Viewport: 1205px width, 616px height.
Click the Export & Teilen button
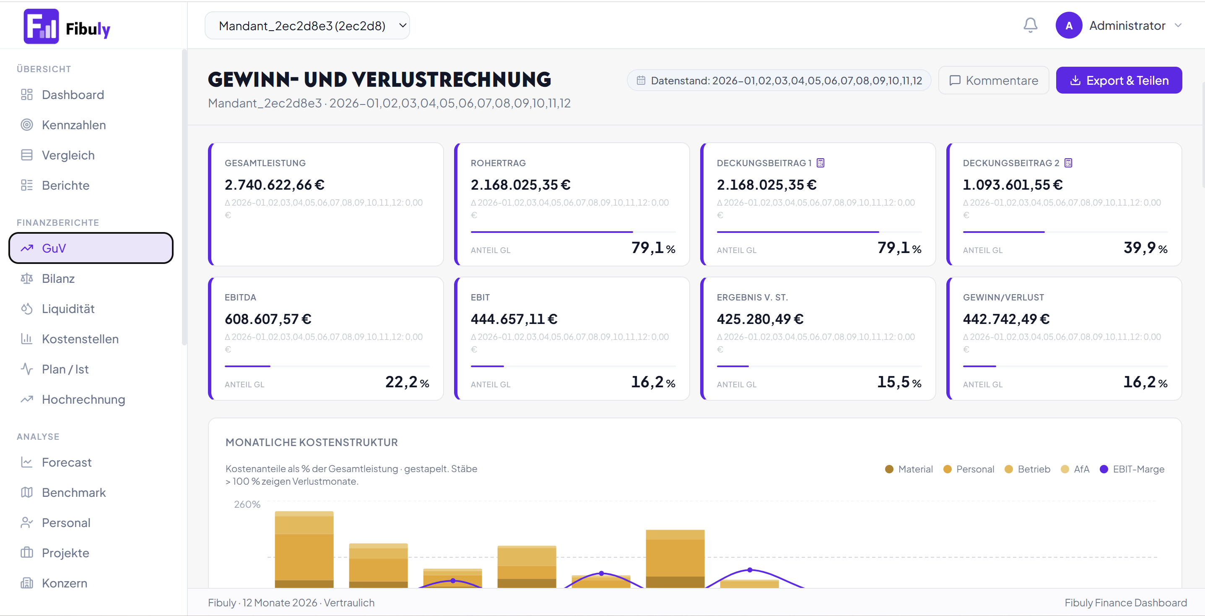1119,81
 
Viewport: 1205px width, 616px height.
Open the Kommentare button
994,81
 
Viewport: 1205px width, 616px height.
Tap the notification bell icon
1030,25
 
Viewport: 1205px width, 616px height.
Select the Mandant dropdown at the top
307,26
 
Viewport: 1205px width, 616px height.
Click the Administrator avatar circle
1069,26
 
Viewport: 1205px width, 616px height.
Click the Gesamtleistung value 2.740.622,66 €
275,185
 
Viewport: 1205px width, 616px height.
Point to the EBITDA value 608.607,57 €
268,319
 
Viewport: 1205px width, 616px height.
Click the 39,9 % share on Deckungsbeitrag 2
1145,248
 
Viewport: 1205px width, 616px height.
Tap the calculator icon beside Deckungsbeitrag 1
821,163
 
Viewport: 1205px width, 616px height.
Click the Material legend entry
909,469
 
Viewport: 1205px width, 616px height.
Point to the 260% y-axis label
247,504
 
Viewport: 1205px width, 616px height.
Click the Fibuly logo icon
41,26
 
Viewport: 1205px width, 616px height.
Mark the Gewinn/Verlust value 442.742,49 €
1006,319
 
